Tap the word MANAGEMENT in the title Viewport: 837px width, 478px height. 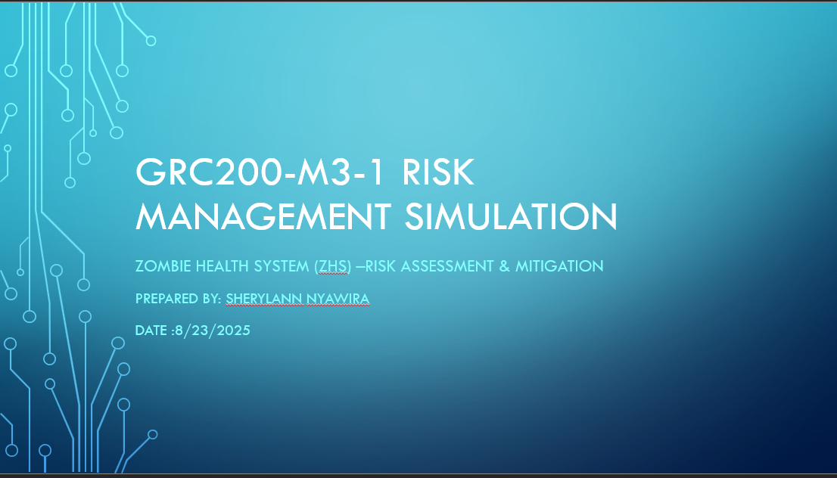pos(263,216)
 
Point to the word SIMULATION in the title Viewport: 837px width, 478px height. pos(511,216)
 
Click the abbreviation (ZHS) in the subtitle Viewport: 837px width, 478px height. pos(333,265)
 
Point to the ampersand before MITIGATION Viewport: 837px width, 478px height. pos(505,265)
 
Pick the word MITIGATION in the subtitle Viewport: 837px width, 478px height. pos(559,265)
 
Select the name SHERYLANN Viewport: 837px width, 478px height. pos(265,299)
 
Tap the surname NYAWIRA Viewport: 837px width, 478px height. pos(338,299)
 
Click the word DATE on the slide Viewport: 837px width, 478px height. pos(151,331)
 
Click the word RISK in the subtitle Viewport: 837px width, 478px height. pos(381,265)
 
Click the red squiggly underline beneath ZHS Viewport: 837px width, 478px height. pos(333,274)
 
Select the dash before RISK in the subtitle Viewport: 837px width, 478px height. pos(359,266)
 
